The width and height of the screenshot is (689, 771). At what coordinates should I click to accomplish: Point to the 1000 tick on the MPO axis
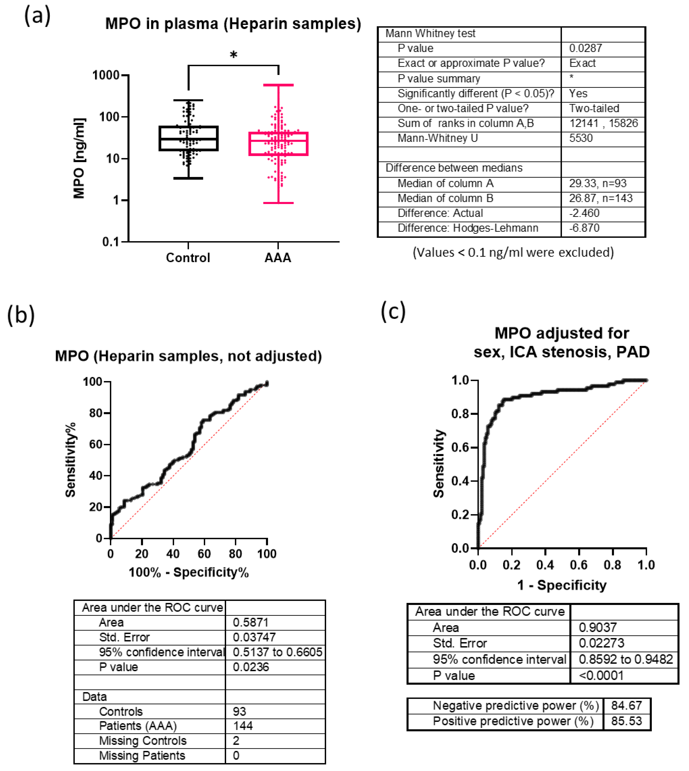[x=106, y=75]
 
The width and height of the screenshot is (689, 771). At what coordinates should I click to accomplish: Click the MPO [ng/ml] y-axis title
[x=79, y=158]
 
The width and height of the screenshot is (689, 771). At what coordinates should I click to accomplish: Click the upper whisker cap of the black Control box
[x=188, y=100]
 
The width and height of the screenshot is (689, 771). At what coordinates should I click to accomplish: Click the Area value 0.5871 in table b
[x=251, y=622]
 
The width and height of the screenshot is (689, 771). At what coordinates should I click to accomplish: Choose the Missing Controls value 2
[x=236, y=740]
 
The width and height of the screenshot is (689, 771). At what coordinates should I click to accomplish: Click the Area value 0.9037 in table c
[x=597, y=628]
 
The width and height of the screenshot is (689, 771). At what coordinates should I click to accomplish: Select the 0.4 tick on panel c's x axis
[x=545, y=565]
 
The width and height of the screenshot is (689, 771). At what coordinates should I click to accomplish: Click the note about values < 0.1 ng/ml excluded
[x=513, y=252]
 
